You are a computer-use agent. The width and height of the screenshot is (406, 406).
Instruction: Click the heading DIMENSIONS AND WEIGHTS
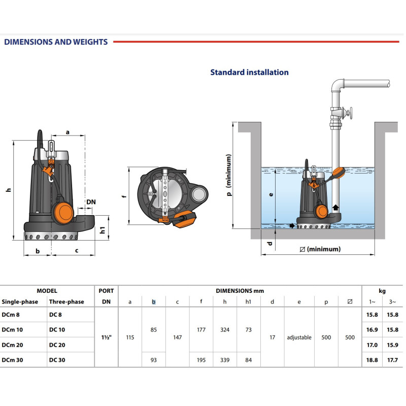pos(56,42)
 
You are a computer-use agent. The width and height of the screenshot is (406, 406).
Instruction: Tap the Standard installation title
pos(249,72)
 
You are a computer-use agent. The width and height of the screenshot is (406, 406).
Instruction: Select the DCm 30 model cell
pos(13,360)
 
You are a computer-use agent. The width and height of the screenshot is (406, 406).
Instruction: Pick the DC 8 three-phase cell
pos(55,315)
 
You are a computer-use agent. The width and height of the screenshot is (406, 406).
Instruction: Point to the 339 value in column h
pos(225,360)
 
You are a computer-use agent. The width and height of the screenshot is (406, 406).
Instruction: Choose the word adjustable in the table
pos(299,337)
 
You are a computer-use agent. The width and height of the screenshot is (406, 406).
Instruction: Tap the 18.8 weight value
pos(372,360)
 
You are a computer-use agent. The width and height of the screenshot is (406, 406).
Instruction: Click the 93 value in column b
pos(154,360)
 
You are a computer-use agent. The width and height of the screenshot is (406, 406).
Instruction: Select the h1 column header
pos(248,302)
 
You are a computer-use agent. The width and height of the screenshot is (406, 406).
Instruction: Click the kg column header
pos(382,291)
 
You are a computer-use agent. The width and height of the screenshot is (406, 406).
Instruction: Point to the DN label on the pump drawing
pos(90,202)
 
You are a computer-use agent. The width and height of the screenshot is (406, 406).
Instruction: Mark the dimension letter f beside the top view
pos(124,195)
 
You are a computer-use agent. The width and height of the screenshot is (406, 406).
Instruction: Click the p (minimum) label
pos(229,176)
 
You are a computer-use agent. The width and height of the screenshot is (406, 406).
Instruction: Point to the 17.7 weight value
pos(391,360)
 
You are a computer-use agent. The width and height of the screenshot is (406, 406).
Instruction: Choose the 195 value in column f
pos(201,360)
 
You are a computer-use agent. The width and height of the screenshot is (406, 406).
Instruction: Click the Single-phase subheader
pos(19,302)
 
